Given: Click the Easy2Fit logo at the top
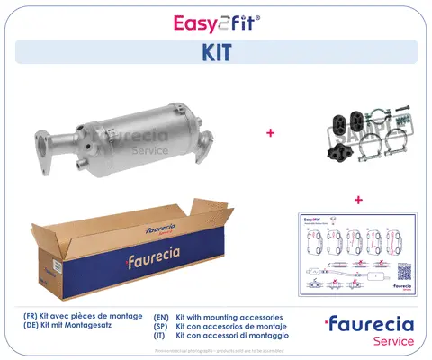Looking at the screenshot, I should pos(215,21).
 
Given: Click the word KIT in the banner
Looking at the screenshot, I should pos(215,52).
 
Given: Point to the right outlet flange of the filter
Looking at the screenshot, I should pos(205,141).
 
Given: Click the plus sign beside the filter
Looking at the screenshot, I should pos(269,133).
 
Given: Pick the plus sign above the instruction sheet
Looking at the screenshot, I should pos(357,199).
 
